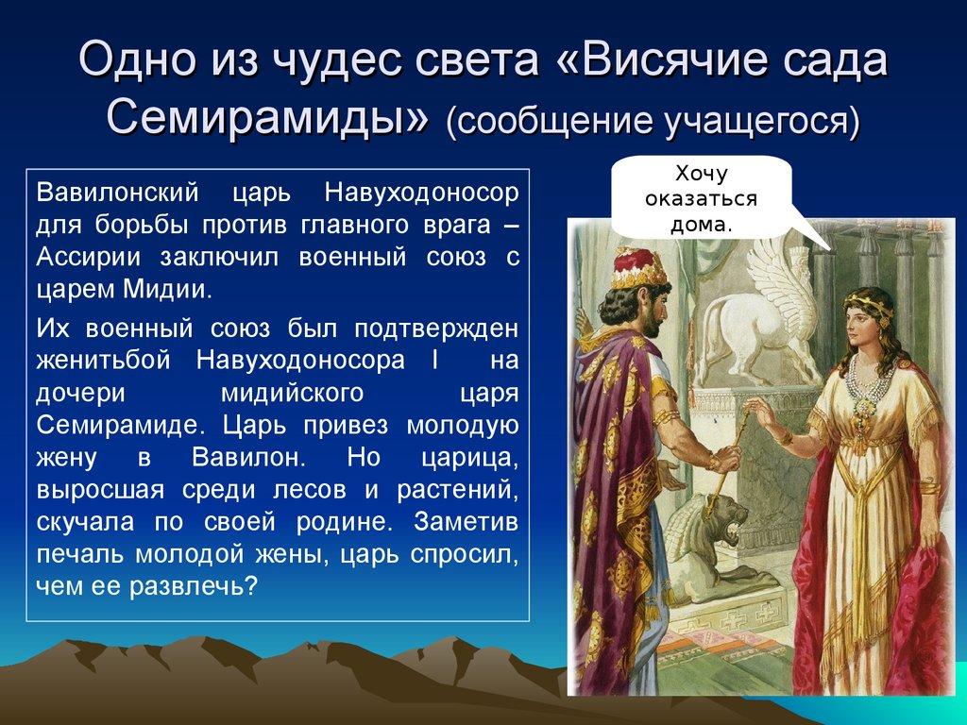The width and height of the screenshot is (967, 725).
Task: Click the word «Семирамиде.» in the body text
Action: click(105, 424)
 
